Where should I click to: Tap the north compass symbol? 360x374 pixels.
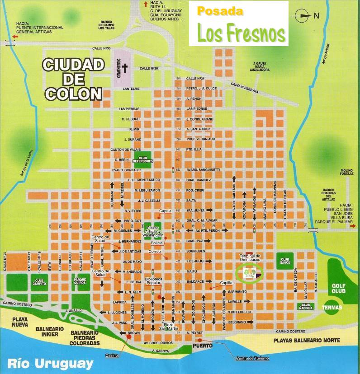302,16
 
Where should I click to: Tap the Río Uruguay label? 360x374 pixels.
50,363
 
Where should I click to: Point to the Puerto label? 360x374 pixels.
199,346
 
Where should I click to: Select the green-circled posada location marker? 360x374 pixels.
249,274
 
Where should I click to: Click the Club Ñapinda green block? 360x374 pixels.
306,306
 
